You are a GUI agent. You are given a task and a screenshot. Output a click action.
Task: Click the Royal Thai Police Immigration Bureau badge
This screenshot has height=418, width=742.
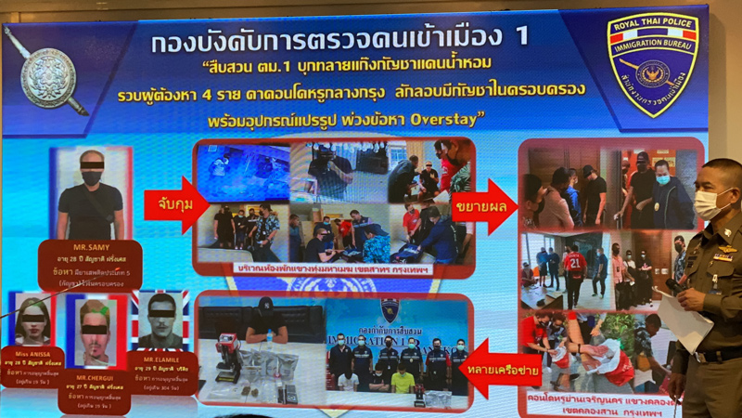click(651, 62)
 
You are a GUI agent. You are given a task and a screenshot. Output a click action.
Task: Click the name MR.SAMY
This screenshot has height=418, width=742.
click(89, 248)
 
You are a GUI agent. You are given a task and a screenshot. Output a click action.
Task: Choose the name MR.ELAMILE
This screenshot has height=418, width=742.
click(161, 356)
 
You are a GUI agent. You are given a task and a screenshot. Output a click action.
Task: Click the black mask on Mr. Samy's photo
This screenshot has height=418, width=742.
click(91, 176)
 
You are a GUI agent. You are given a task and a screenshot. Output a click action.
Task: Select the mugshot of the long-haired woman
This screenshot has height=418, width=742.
click(32, 320)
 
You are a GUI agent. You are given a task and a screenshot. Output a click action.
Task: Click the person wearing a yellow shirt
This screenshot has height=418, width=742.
click(402, 379)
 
